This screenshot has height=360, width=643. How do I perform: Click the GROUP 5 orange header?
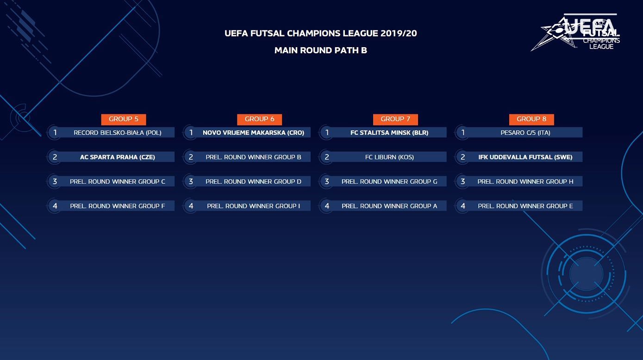coord(124,119)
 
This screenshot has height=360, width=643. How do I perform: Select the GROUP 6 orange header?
coord(260,119)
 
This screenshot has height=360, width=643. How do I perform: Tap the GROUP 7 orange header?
coord(395,119)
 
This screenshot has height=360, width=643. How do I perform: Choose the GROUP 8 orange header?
coord(531,119)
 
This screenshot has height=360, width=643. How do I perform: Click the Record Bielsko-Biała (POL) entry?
coord(118,132)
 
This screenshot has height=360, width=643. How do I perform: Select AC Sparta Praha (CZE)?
coord(118,157)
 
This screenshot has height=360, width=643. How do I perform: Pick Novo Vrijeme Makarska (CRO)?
coord(254,132)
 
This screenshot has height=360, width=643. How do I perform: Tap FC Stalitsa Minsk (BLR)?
coord(389,132)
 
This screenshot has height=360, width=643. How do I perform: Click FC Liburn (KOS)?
coord(389,157)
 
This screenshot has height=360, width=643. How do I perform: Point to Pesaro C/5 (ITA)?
coord(525,132)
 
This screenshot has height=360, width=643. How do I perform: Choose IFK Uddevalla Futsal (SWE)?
coord(525,157)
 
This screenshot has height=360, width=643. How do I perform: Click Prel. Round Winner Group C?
coord(118,181)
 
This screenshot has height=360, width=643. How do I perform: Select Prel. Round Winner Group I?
coord(254,205)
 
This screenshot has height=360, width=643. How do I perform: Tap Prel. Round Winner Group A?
coord(389,205)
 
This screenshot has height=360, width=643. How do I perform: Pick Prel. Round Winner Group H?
coord(525,181)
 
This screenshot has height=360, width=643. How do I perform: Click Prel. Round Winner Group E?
coord(525,205)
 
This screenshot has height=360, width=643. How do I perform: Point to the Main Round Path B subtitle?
coord(321,50)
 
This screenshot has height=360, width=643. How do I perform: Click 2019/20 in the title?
coord(399,33)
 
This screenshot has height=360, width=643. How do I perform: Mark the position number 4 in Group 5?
coord(55,205)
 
